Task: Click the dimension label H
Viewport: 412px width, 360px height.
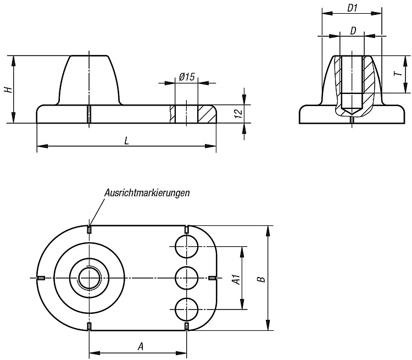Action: (9, 90)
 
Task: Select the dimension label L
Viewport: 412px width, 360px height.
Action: (127, 141)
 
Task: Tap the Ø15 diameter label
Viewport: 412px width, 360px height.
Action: (187, 77)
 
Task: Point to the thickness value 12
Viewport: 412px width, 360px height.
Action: (238, 114)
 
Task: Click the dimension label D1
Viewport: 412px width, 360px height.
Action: (352, 8)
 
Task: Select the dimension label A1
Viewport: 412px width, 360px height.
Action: (236, 279)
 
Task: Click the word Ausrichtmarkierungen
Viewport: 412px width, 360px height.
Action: (147, 193)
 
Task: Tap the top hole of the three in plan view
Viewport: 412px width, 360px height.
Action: (186, 246)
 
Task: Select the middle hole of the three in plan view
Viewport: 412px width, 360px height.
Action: (186, 278)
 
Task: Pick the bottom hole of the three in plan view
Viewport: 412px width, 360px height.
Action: (186, 309)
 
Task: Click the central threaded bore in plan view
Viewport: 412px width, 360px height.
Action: (90, 278)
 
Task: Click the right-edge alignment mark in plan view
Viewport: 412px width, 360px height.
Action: (212, 278)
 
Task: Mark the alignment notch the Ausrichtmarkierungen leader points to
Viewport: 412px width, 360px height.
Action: (90, 229)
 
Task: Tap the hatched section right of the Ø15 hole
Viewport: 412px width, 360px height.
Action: (207, 114)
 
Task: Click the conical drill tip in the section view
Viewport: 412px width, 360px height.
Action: (352, 112)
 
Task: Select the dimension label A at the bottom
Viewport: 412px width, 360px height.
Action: (141, 347)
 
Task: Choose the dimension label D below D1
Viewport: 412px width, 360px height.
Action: (353, 31)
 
